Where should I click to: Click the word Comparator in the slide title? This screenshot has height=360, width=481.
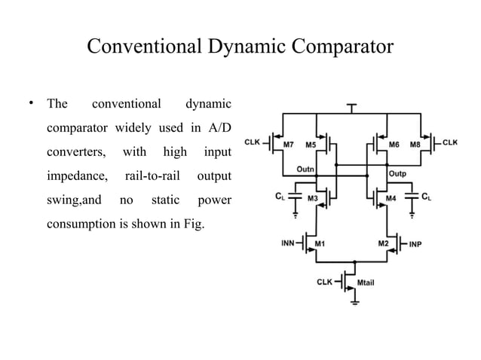point(336,46)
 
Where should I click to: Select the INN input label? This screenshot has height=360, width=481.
point(290,243)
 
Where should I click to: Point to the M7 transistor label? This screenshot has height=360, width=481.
point(288,143)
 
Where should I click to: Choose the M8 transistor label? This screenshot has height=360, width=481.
point(415,143)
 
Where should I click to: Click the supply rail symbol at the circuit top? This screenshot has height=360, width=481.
point(352,107)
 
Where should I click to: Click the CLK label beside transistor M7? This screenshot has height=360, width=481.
point(253,142)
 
